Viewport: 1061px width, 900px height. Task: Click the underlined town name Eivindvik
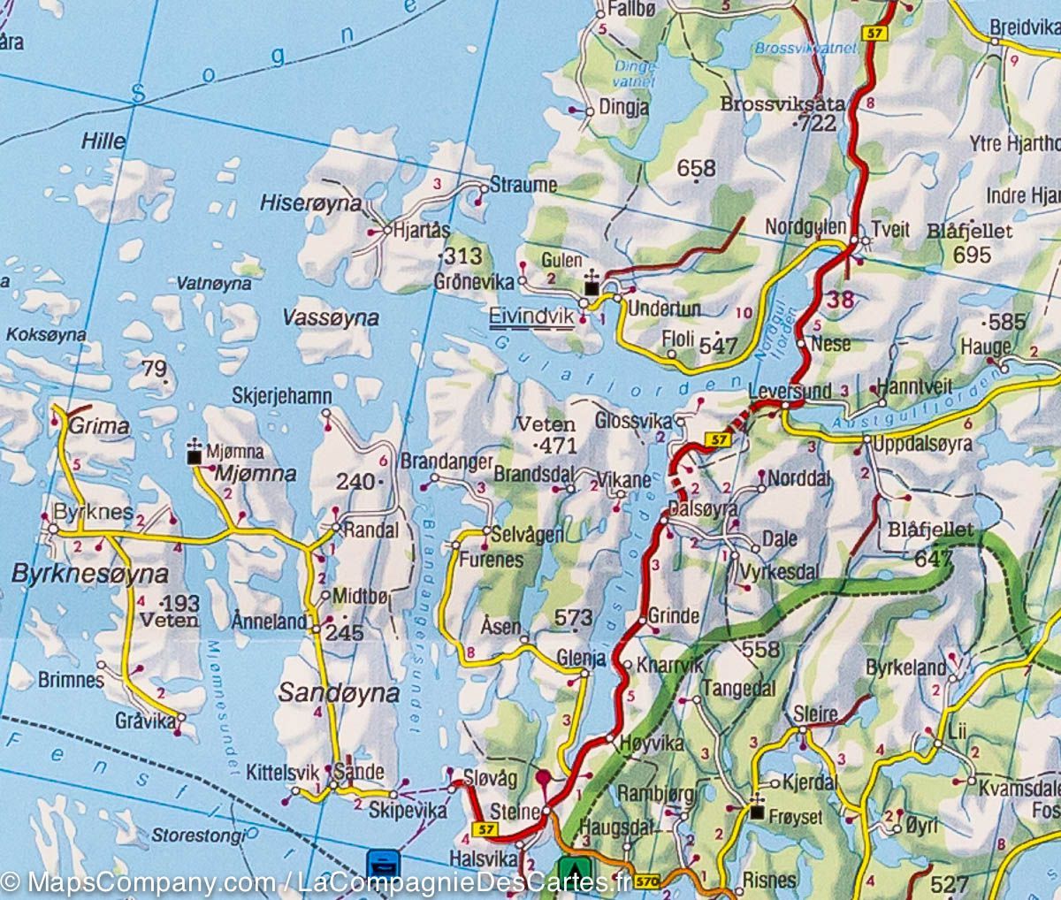[x=530, y=316]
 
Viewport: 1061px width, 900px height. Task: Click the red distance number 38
[x=840, y=299]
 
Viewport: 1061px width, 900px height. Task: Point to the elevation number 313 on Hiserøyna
[x=463, y=256]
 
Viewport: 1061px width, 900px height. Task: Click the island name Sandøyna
[x=339, y=692]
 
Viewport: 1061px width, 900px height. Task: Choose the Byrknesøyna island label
[x=89, y=574]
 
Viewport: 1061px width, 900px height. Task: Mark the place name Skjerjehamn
[x=282, y=396]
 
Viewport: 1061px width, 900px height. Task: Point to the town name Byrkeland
[x=906, y=667]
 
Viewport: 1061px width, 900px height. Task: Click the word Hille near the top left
[x=103, y=141]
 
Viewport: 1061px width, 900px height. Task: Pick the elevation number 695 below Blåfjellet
[x=973, y=255]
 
